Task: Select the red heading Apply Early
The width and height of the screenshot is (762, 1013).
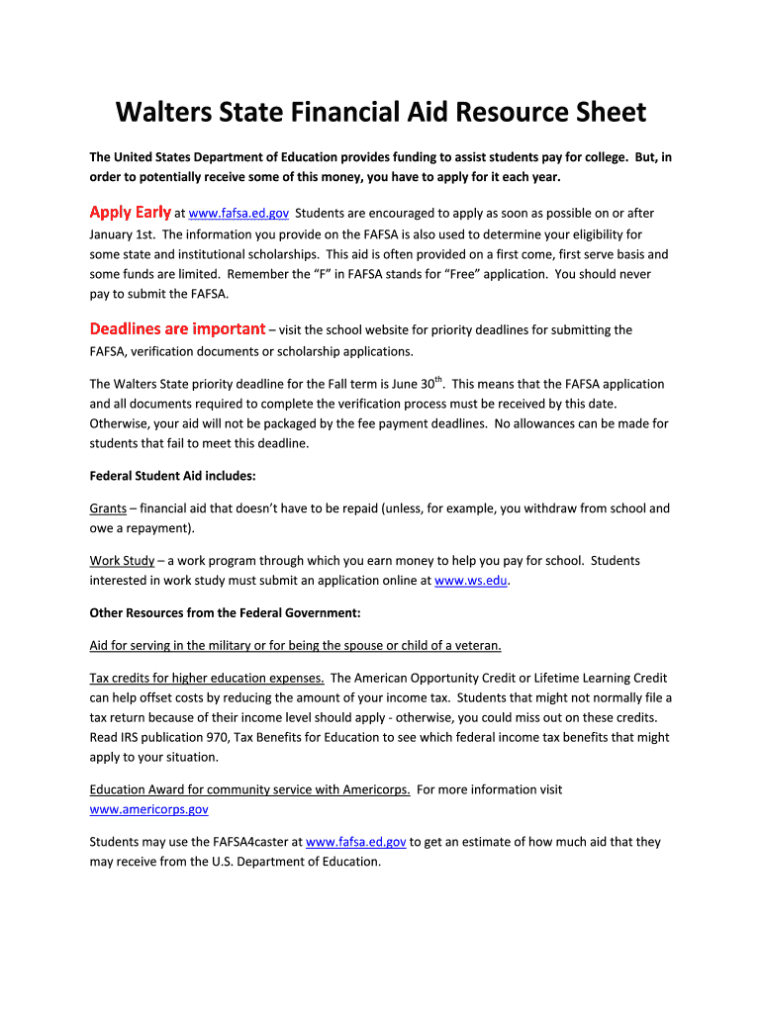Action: (x=130, y=213)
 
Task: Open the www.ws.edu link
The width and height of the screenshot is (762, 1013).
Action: (x=471, y=581)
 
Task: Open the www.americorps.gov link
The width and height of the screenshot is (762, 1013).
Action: (x=148, y=808)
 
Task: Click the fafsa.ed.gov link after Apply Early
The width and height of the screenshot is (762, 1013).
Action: (x=238, y=213)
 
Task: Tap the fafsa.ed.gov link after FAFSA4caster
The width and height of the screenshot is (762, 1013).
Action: (x=356, y=842)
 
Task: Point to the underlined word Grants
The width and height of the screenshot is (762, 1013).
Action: (x=108, y=508)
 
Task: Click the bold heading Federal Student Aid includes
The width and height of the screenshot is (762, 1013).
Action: (x=173, y=476)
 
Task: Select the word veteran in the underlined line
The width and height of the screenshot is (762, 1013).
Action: (x=475, y=646)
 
